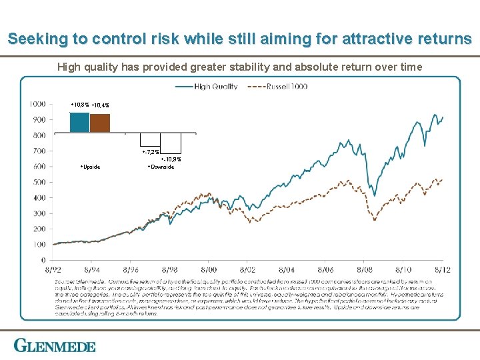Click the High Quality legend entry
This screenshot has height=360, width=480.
tap(215, 87)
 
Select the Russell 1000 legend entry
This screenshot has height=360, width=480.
tap(287, 87)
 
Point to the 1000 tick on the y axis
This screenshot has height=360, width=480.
tap(37, 104)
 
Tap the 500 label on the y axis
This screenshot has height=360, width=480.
tap(39, 182)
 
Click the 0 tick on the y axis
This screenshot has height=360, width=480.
tap(43, 260)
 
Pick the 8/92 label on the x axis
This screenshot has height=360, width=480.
tap(53, 270)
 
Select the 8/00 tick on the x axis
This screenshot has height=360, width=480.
tap(209, 270)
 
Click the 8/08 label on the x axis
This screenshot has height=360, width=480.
tap(365, 270)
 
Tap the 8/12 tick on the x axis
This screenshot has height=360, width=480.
tap(443, 270)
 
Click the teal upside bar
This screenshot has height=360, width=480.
tap(79, 122)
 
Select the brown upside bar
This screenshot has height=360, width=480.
tap(100, 123)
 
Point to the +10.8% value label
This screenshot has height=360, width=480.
tap(79, 105)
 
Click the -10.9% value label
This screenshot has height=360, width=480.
tap(171, 160)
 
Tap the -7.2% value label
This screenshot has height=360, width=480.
tap(151, 153)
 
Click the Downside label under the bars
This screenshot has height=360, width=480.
tap(161, 167)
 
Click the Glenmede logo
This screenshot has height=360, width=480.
tap(55, 345)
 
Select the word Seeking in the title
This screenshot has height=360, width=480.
tap(37, 39)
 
